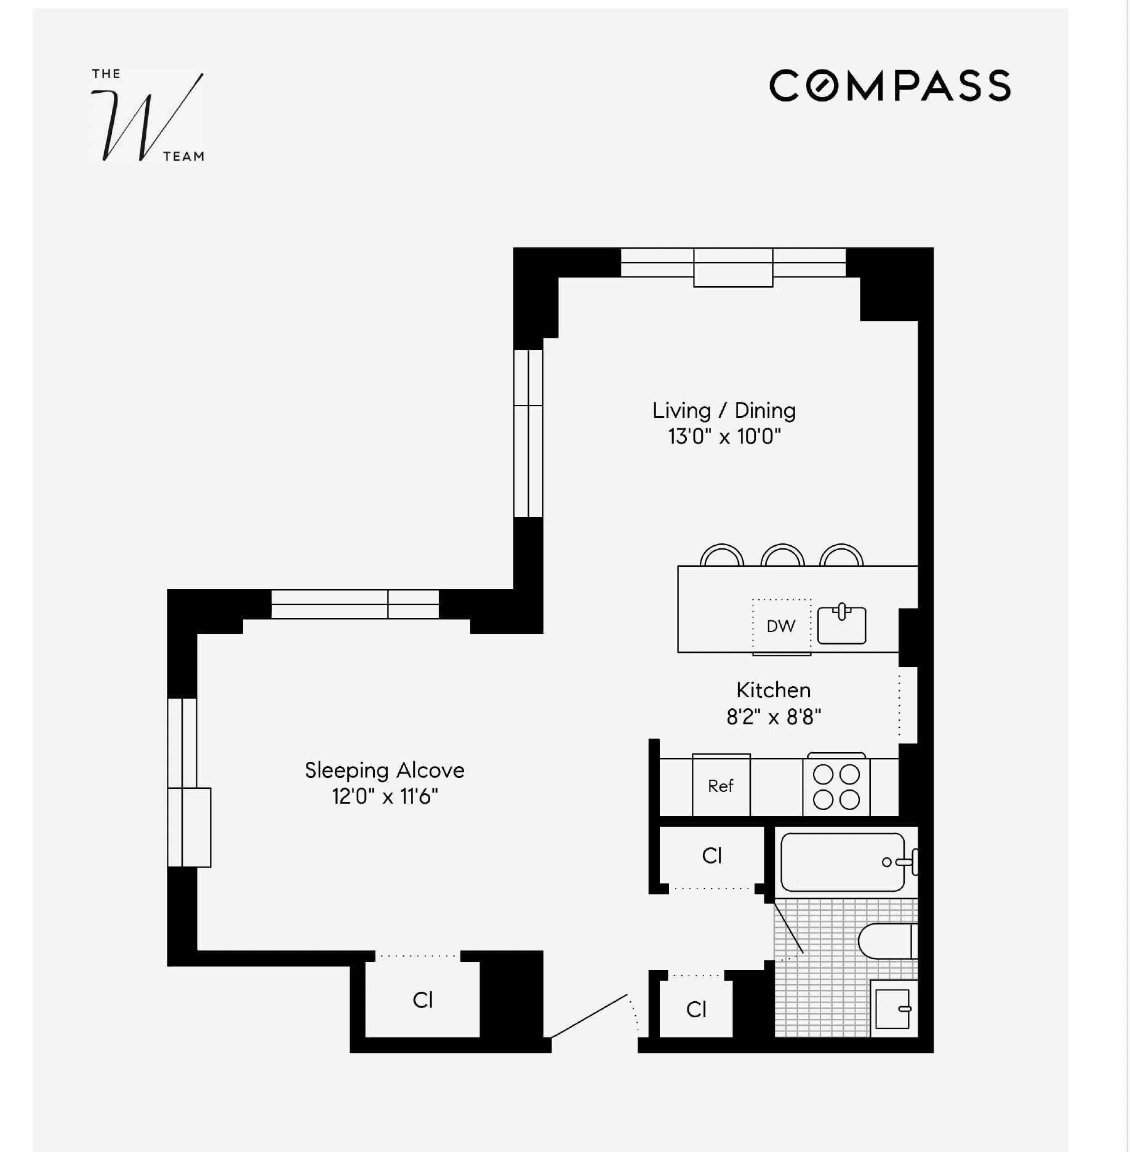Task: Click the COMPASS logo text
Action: click(x=889, y=86)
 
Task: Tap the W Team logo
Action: click(x=148, y=116)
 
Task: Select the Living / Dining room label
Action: click(x=724, y=410)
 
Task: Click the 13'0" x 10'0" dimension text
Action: click(x=724, y=437)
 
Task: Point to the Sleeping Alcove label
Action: click(x=384, y=770)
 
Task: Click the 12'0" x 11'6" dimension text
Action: click(x=384, y=797)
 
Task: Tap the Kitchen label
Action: click(x=773, y=690)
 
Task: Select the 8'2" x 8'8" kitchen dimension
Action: click(x=773, y=718)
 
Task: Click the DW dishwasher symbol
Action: click(x=781, y=626)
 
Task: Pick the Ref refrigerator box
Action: click(x=721, y=786)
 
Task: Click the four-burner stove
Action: click(x=836, y=786)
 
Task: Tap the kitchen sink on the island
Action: click(x=841, y=625)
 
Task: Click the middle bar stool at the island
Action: click(x=782, y=555)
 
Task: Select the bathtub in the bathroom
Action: click(x=842, y=862)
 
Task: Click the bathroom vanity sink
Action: click(x=892, y=1009)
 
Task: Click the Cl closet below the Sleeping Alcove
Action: click(x=422, y=1000)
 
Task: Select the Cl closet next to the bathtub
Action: click(x=711, y=855)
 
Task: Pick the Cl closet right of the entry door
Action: click(x=696, y=1009)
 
